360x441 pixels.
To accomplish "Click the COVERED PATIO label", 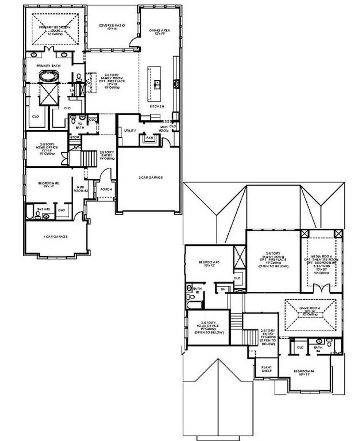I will tap(111, 26).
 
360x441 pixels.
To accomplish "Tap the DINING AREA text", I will tap(160, 31).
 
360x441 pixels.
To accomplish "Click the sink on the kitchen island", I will tap(157, 84).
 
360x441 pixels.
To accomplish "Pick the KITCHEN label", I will tap(157, 106).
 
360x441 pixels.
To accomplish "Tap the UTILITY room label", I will tap(130, 130).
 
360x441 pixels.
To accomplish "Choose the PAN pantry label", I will tap(150, 138).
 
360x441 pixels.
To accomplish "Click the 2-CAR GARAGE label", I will tap(150, 178).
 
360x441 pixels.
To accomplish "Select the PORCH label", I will tap(106, 189).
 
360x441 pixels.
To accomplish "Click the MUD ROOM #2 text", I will tap(81, 189).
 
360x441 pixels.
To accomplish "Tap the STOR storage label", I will tap(75, 137).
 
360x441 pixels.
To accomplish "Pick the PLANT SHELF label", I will tap(266, 369).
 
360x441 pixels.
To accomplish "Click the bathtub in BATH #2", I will tap(29, 212).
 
